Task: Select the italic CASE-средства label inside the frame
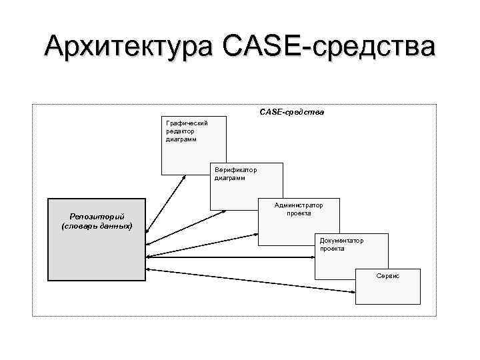point(291,112)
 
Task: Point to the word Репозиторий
point(97,216)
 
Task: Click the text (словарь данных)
point(97,227)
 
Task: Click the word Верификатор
point(235,170)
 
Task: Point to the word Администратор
point(298,206)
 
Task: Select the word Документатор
point(341,240)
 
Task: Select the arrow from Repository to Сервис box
point(253,281)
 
